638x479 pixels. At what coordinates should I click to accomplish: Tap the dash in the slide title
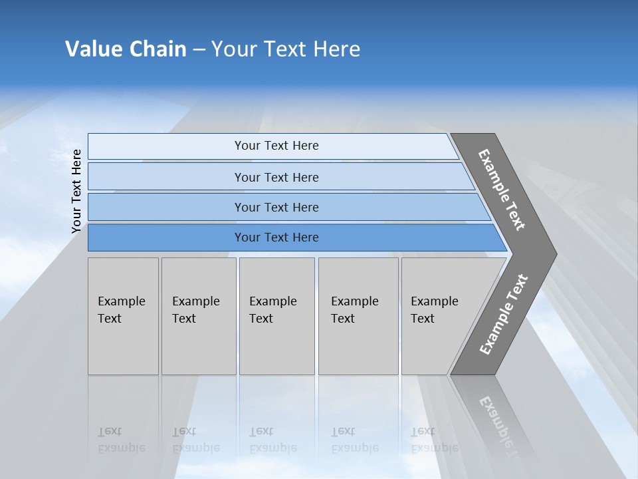(x=199, y=50)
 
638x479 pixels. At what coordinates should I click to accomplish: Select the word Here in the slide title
(x=336, y=49)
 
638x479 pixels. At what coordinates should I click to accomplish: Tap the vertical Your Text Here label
(x=76, y=191)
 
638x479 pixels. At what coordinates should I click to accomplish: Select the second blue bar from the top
(x=276, y=177)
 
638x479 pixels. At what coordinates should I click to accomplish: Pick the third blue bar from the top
(x=276, y=207)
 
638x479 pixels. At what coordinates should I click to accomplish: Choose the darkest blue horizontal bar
(x=276, y=238)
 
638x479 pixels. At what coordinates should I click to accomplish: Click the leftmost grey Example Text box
(x=123, y=316)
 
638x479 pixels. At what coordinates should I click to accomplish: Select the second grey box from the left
(x=199, y=316)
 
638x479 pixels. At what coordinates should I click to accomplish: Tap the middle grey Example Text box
(x=276, y=316)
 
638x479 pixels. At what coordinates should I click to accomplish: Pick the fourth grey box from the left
(x=358, y=316)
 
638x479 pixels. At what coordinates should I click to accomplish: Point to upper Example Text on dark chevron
(x=502, y=190)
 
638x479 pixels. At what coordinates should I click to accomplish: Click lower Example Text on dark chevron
(x=503, y=315)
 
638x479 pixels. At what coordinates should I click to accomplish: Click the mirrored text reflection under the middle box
(x=272, y=440)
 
